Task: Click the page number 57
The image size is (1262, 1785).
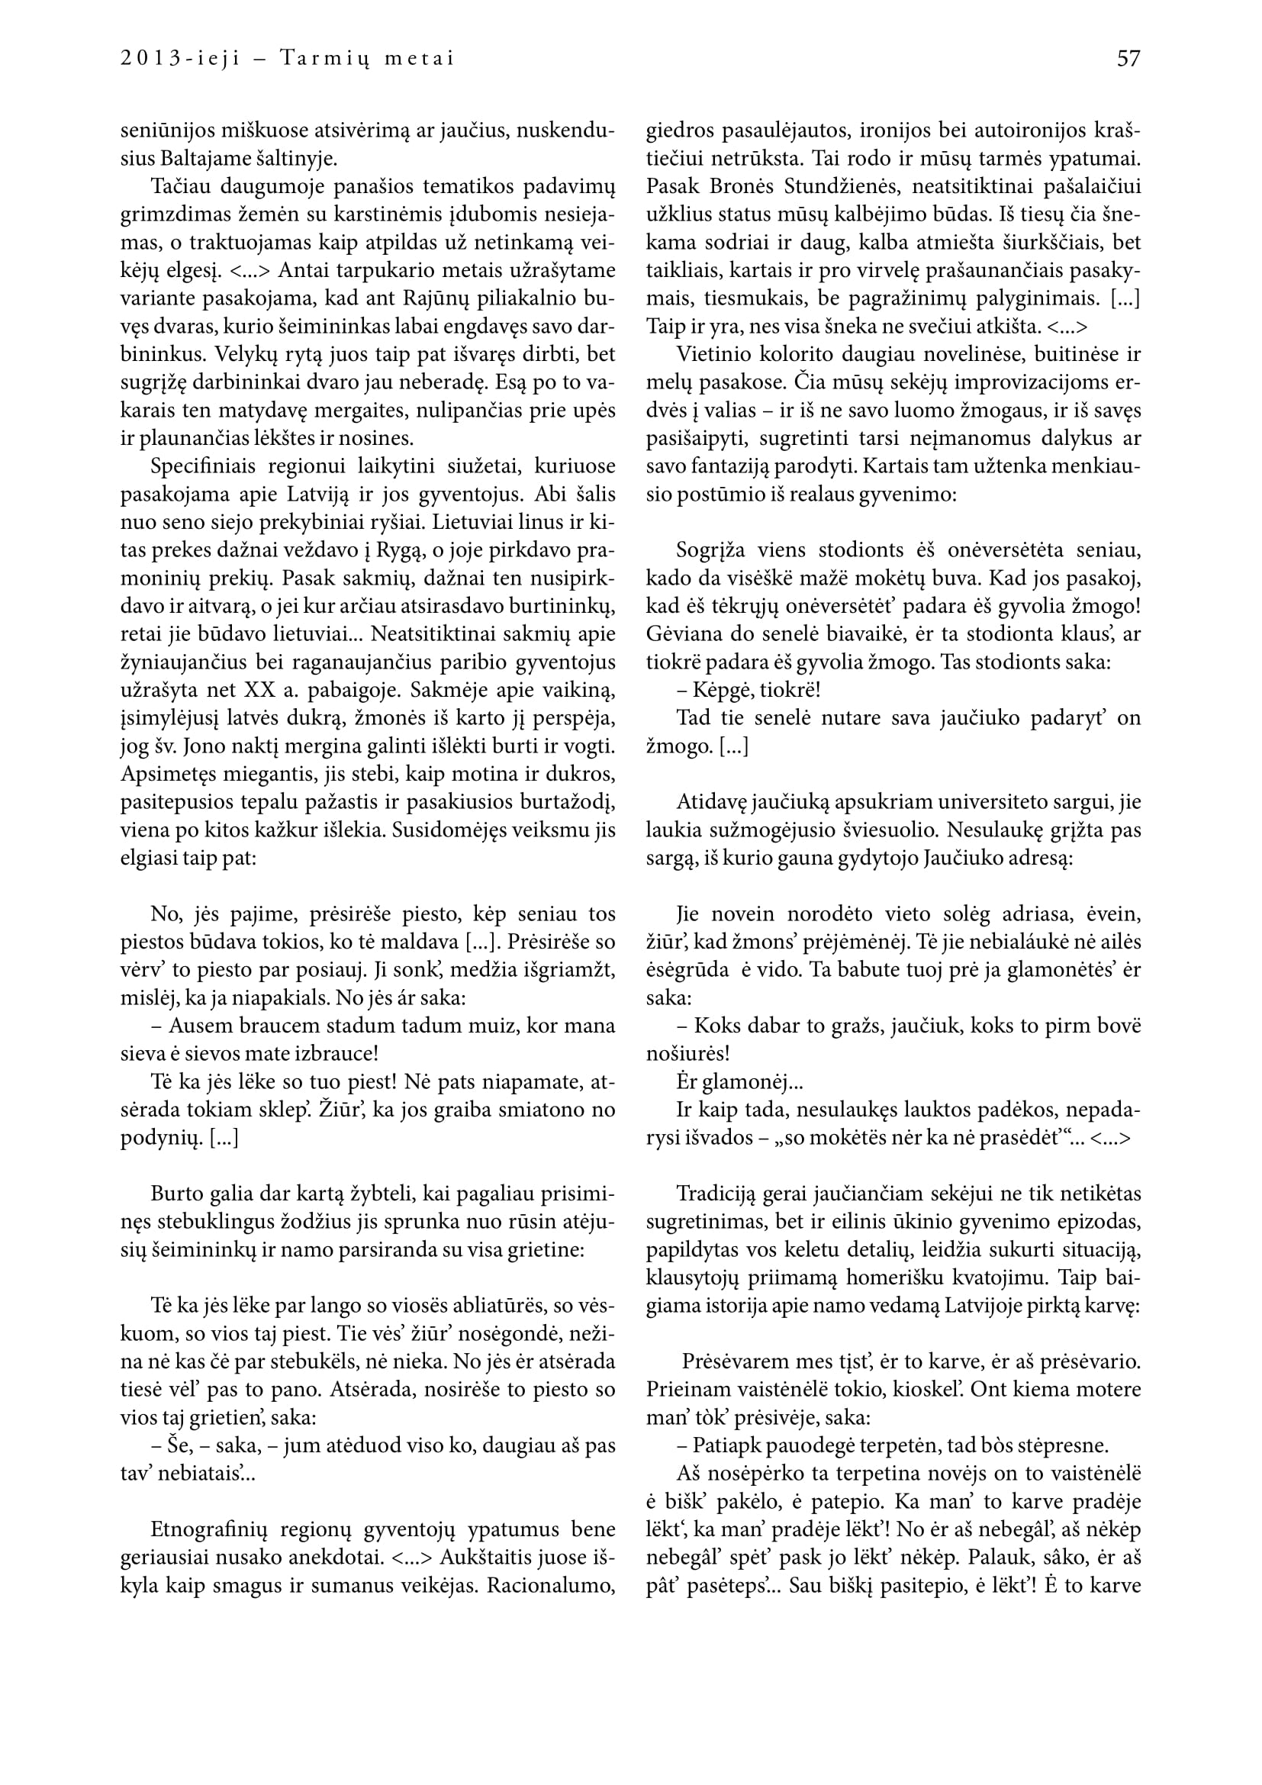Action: click(1128, 59)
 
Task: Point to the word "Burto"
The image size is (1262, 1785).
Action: click(175, 1194)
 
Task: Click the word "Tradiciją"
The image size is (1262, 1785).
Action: click(715, 1194)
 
